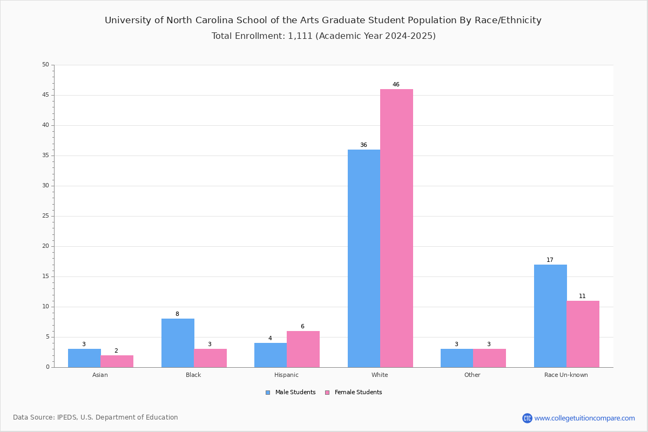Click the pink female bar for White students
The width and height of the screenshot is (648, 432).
tap(396, 228)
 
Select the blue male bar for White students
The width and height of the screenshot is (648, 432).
tap(364, 258)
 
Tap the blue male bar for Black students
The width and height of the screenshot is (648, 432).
tap(178, 343)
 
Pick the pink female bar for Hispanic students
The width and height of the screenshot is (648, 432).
tap(303, 349)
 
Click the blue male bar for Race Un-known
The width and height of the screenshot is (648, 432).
tap(550, 316)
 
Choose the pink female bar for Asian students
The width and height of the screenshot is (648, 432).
tap(117, 361)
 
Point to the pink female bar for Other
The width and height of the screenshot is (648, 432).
tap(489, 358)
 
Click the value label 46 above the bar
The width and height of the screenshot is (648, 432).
tap(396, 84)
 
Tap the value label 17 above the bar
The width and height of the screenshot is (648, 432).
tap(550, 260)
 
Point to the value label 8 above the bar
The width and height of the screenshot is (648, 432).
tap(177, 314)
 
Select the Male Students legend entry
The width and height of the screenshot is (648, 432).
tap(291, 393)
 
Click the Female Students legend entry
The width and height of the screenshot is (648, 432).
tap(354, 393)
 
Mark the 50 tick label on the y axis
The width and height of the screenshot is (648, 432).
tap(46, 64)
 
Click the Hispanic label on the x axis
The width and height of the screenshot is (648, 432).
tap(286, 375)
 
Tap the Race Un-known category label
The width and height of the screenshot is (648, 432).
tap(566, 375)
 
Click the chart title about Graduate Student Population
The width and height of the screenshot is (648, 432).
tap(323, 21)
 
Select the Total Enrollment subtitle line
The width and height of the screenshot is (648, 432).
tap(323, 36)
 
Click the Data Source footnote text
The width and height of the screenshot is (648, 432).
tap(96, 417)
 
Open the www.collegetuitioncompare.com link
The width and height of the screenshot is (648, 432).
tap(584, 418)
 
